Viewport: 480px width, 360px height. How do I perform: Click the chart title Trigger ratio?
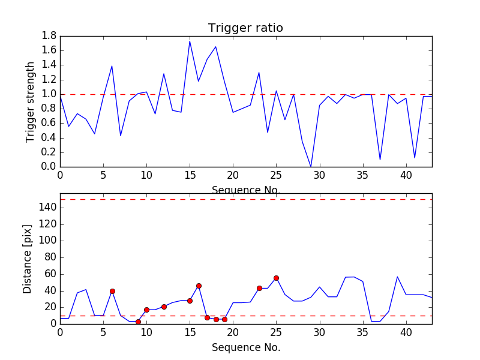(245, 28)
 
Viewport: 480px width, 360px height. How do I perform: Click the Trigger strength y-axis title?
(31, 101)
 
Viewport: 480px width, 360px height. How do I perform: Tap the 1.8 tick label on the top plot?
(49, 36)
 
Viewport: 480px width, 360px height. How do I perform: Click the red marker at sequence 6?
(112, 291)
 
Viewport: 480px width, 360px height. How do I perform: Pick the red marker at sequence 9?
(138, 322)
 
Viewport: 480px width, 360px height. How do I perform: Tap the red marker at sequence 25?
(276, 278)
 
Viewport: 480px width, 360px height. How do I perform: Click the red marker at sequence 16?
(199, 286)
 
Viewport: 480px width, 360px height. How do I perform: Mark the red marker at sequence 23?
(259, 288)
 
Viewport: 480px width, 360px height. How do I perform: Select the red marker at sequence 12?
(164, 307)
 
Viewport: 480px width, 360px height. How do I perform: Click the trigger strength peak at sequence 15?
(190, 41)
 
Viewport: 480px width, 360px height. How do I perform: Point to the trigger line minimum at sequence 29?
(311, 166)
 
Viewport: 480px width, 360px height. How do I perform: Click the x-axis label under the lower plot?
(245, 347)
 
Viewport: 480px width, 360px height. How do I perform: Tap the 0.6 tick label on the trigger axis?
(49, 123)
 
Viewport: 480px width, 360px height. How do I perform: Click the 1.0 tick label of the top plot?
(49, 94)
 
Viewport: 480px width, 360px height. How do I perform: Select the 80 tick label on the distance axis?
(49, 257)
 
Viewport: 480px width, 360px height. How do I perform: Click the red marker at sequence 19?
(224, 319)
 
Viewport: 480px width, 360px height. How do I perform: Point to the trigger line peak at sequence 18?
(215, 47)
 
